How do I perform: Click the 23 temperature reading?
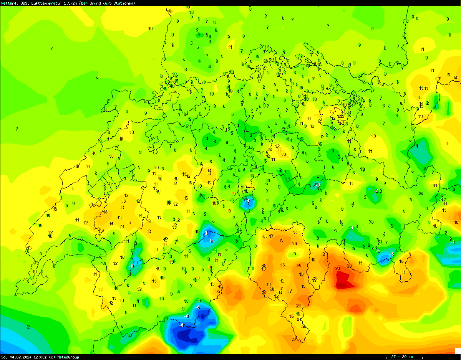coord(337,268)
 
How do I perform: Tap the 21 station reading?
coord(298,306)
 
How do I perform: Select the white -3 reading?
coord(391,254)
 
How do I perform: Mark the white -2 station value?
coord(376,190)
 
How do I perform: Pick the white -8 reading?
coord(206,233)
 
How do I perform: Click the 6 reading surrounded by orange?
coord(294,253)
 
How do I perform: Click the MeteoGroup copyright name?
coord(68,357)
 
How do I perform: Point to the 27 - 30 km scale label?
coord(403,357)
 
